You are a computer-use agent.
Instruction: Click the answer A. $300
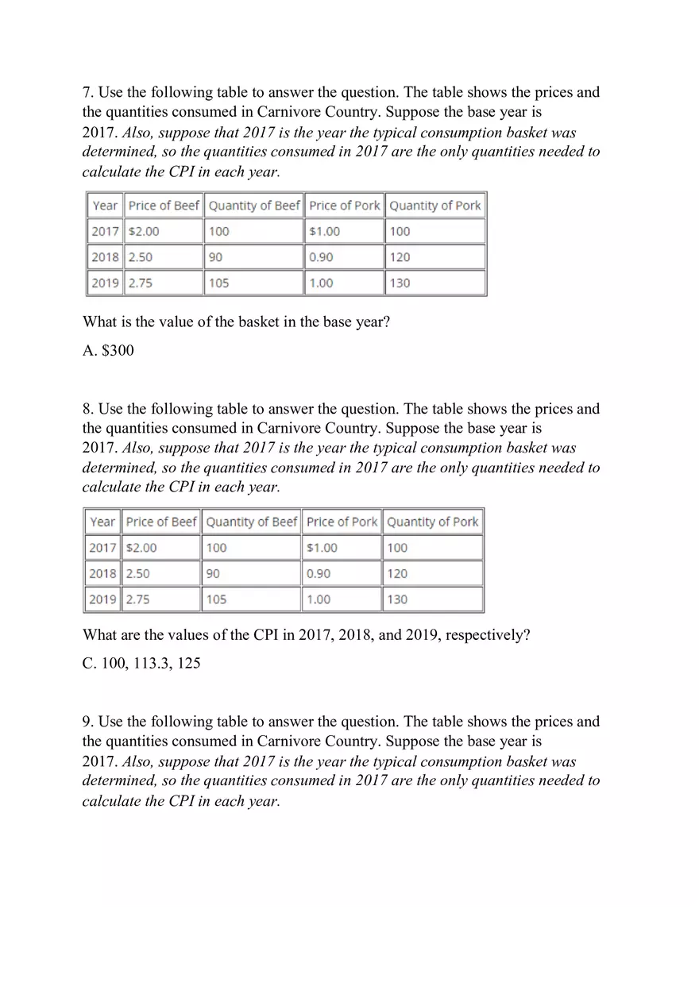tap(108, 350)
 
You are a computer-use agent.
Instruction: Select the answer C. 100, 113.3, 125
tap(141, 663)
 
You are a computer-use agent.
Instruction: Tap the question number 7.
tap(87, 92)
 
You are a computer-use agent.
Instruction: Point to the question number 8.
tap(87, 409)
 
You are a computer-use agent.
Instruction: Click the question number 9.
tap(87, 722)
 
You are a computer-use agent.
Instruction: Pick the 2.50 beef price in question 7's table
tap(141, 257)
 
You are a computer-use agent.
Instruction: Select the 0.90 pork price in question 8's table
tap(319, 573)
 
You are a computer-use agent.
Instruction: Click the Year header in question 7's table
tap(105, 206)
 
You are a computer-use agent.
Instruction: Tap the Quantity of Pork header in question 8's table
tap(432, 522)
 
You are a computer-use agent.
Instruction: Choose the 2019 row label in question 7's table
tap(105, 283)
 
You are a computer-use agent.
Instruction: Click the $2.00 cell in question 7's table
tap(144, 231)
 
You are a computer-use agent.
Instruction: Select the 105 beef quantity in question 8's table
tap(216, 599)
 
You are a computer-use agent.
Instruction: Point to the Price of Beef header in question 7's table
tap(164, 206)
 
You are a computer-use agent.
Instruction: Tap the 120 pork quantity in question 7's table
tap(400, 257)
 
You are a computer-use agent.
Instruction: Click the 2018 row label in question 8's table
tap(102, 573)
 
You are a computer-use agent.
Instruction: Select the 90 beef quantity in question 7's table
tap(215, 257)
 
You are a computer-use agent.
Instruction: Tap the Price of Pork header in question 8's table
tap(342, 522)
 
